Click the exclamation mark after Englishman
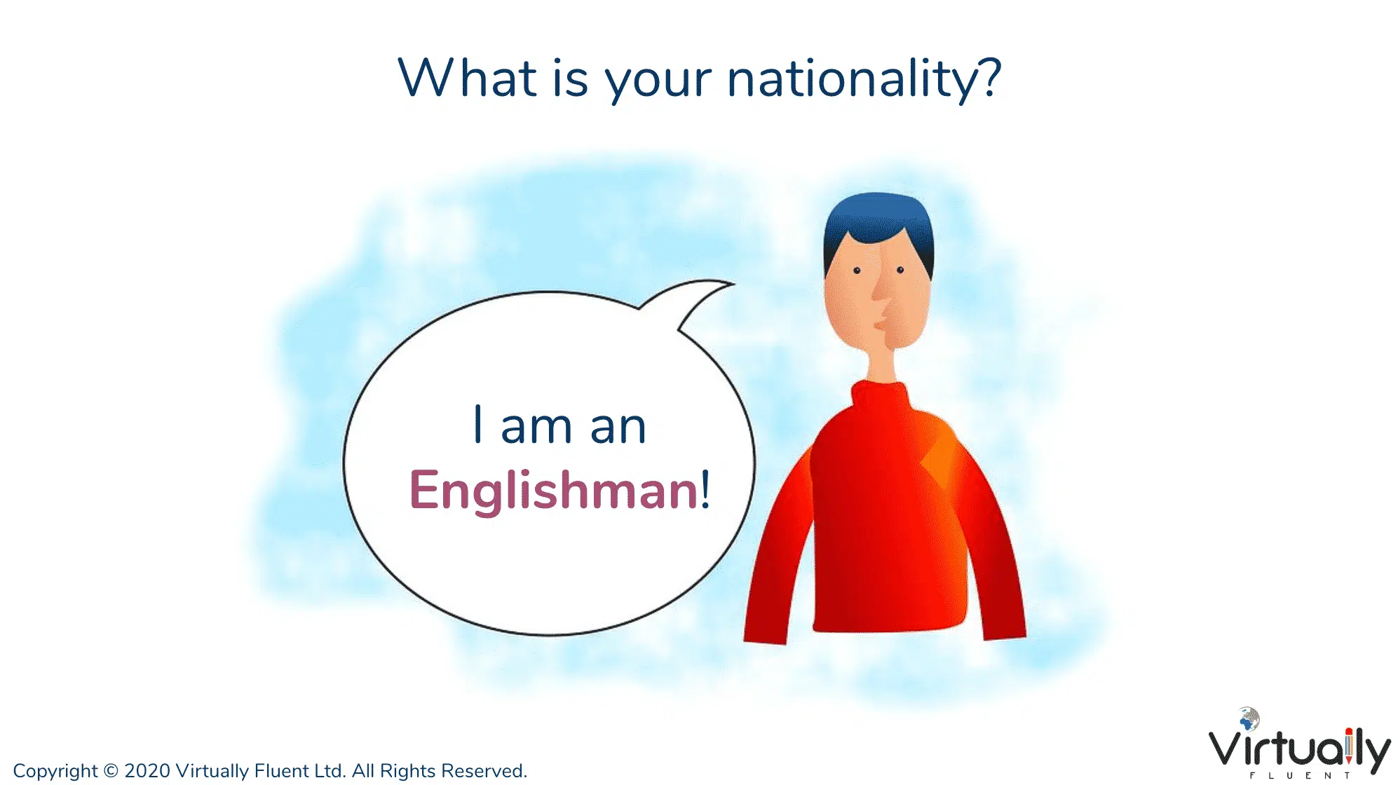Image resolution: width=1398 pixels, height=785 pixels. pyautogui.click(x=705, y=489)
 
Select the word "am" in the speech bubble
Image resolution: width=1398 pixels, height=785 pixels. pyautogui.click(x=536, y=428)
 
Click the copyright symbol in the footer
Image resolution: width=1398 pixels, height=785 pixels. pyautogui.click(x=111, y=770)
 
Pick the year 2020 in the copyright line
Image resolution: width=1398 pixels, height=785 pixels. pyautogui.click(x=147, y=770)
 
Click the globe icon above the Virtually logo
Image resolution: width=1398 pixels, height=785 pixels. pyautogui.click(x=1248, y=718)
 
